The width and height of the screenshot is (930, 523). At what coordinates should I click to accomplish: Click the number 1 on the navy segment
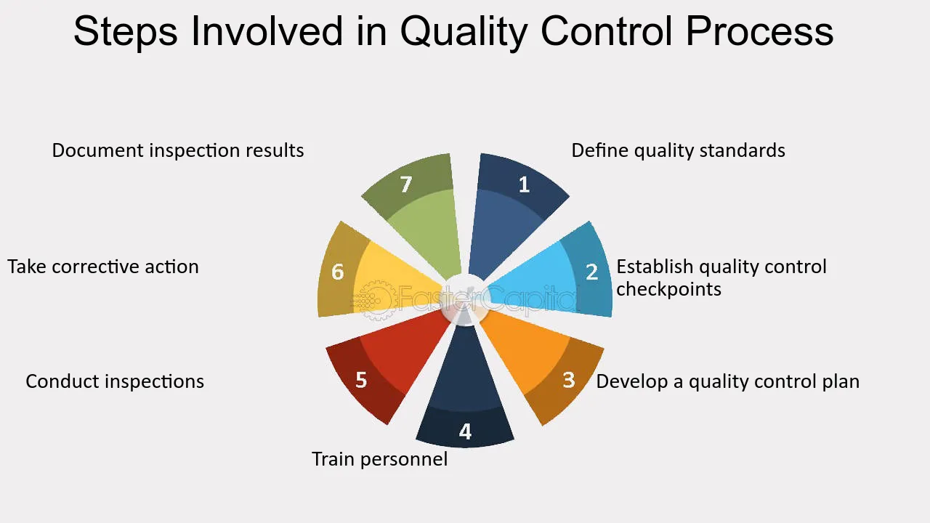tap(524, 185)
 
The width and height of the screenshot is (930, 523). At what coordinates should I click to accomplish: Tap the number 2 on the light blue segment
tap(592, 272)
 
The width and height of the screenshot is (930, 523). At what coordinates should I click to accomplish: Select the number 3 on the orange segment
tap(569, 379)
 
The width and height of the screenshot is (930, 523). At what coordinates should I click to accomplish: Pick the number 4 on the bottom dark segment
tap(465, 432)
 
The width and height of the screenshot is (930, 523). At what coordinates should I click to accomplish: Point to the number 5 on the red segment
tap(361, 379)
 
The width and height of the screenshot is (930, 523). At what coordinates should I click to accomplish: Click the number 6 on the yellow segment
tap(338, 272)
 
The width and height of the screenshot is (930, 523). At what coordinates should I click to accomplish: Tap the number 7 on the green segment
tap(406, 185)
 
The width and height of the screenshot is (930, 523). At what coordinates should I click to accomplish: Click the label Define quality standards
tap(678, 150)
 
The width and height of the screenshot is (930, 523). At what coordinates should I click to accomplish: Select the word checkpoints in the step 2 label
tap(668, 289)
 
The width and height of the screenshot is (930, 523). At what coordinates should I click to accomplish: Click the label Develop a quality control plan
tap(727, 381)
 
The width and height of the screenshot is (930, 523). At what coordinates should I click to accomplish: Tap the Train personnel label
tap(379, 459)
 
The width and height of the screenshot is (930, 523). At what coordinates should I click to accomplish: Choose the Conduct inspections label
tap(115, 381)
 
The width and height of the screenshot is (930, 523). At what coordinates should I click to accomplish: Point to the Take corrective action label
tap(103, 267)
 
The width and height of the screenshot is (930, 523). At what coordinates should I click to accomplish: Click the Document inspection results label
tap(178, 150)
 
